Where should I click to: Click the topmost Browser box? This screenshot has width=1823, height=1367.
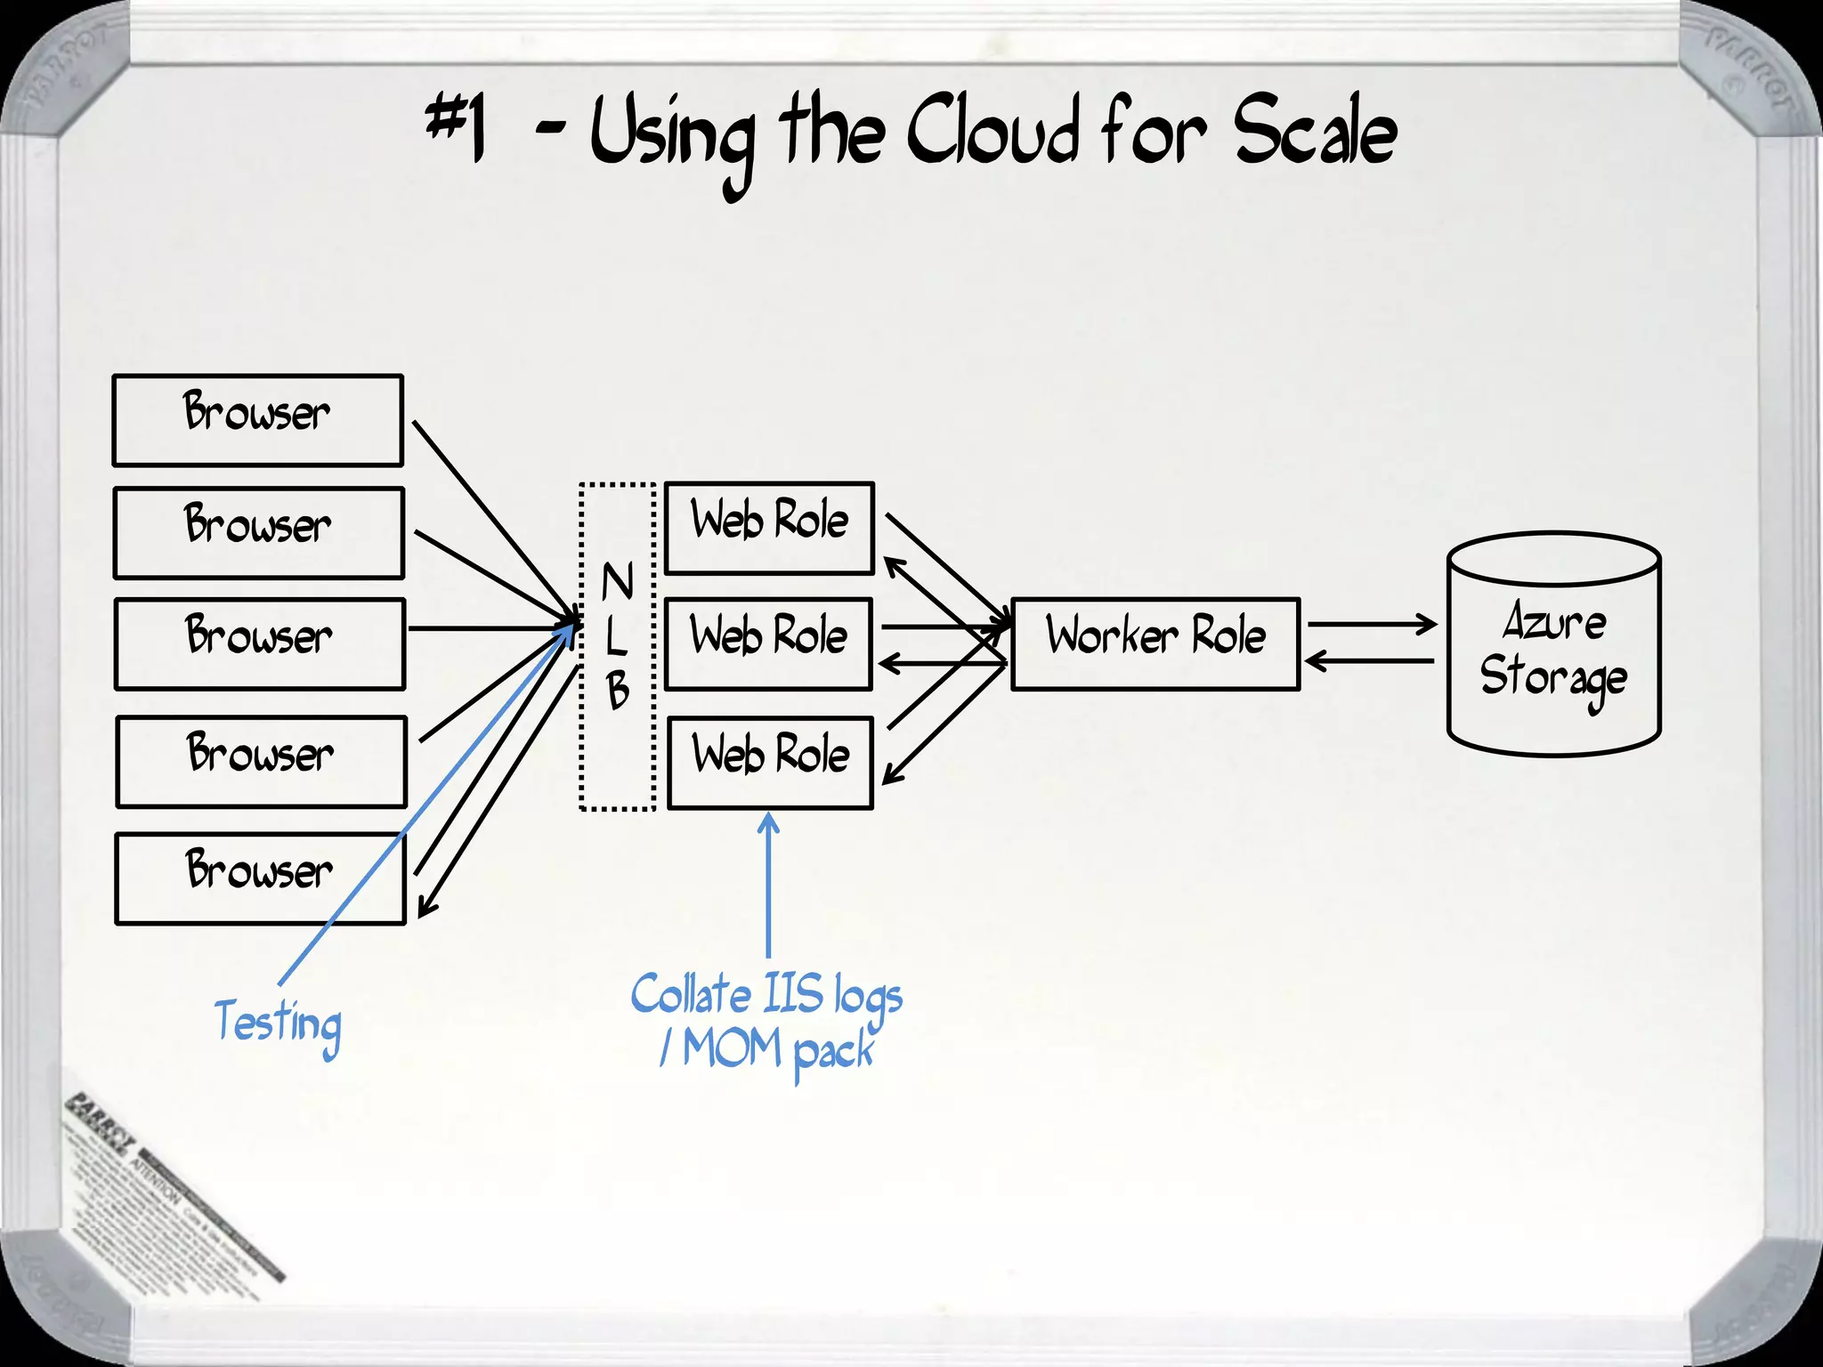(x=257, y=420)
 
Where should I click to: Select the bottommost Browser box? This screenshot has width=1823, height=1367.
(x=260, y=878)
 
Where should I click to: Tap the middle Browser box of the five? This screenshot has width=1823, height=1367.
(x=259, y=643)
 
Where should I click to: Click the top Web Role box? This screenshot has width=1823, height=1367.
(x=769, y=528)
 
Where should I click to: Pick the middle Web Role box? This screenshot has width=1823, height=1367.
(x=768, y=643)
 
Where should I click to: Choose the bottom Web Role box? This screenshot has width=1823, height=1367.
(x=770, y=762)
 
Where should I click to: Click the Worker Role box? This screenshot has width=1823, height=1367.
(x=1155, y=643)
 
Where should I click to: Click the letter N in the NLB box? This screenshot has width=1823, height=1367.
(x=617, y=582)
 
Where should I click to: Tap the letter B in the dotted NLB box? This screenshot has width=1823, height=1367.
(x=618, y=691)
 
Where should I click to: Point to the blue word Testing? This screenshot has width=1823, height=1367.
(x=278, y=1023)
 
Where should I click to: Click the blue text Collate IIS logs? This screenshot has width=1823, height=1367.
(x=766, y=995)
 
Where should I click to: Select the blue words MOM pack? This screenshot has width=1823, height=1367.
(x=779, y=1050)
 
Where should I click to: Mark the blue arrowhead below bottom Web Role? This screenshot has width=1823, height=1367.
(x=769, y=822)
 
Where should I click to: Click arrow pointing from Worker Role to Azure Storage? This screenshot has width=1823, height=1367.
(x=1371, y=624)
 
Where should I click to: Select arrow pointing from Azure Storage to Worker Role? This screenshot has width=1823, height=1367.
(x=1371, y=661)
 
